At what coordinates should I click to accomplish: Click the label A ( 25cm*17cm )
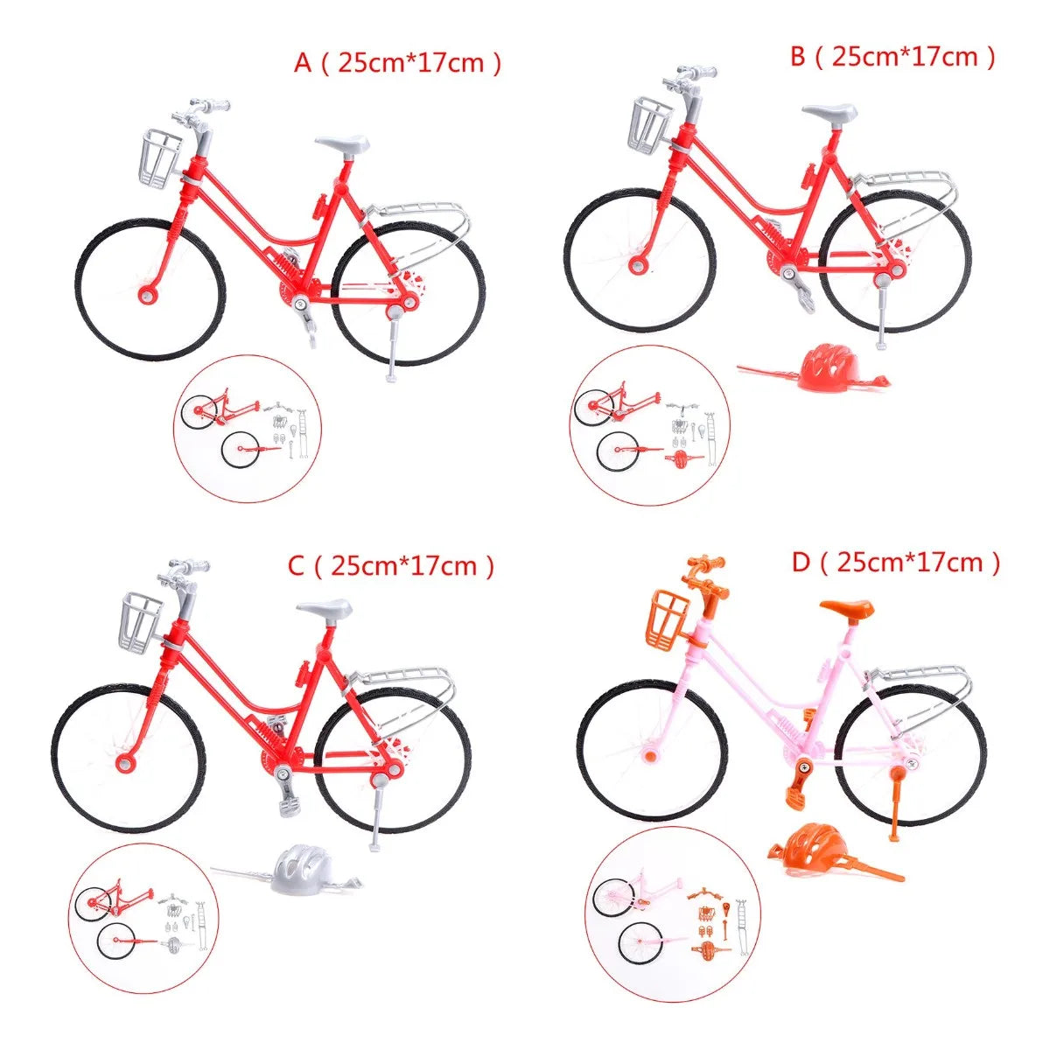tap(396, 63)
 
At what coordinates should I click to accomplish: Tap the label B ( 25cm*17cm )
tap(892, 56)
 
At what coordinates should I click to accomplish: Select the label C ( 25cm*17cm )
tap(390, 566)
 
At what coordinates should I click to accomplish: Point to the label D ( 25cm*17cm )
tap(896, 563)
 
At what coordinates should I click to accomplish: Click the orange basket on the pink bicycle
tap(667, 622)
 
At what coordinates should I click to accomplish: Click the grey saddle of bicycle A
tap(341, 143)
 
